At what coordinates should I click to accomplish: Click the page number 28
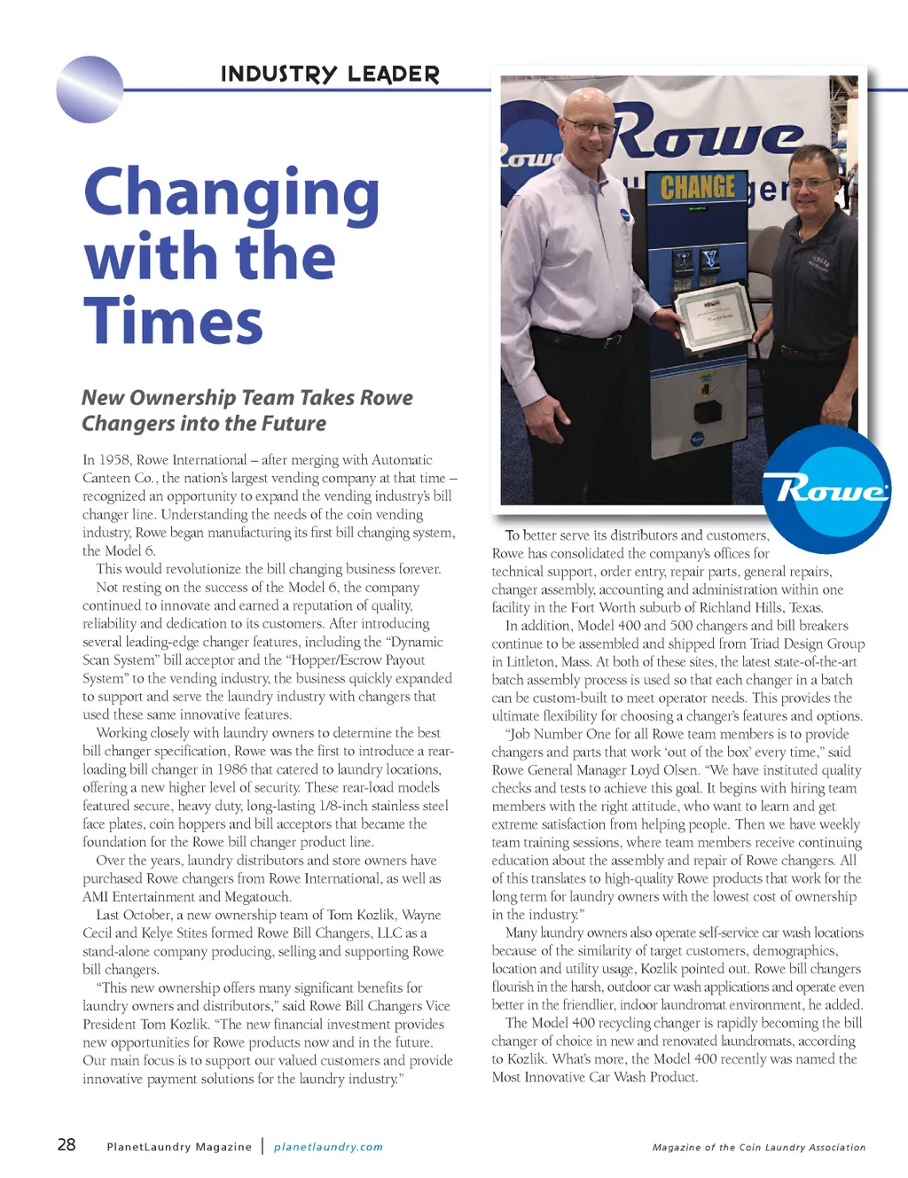[67, 1144]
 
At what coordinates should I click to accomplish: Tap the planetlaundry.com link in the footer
[328, 1147]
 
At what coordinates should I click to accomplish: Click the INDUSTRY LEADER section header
[330, 74]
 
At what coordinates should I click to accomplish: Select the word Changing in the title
[231, 194]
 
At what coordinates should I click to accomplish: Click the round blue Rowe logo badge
[826, 488]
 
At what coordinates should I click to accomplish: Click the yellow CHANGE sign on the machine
[698, 187]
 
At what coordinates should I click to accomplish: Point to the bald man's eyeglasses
[589, 127]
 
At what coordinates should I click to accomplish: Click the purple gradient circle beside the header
[89, 89]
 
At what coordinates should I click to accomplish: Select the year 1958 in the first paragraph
[115, 460]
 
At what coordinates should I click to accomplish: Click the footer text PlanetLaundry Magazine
[179, 1147]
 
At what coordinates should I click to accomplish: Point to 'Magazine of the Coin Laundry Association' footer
[759, 1147]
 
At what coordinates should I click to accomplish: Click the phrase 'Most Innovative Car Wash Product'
[594, 1078]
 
